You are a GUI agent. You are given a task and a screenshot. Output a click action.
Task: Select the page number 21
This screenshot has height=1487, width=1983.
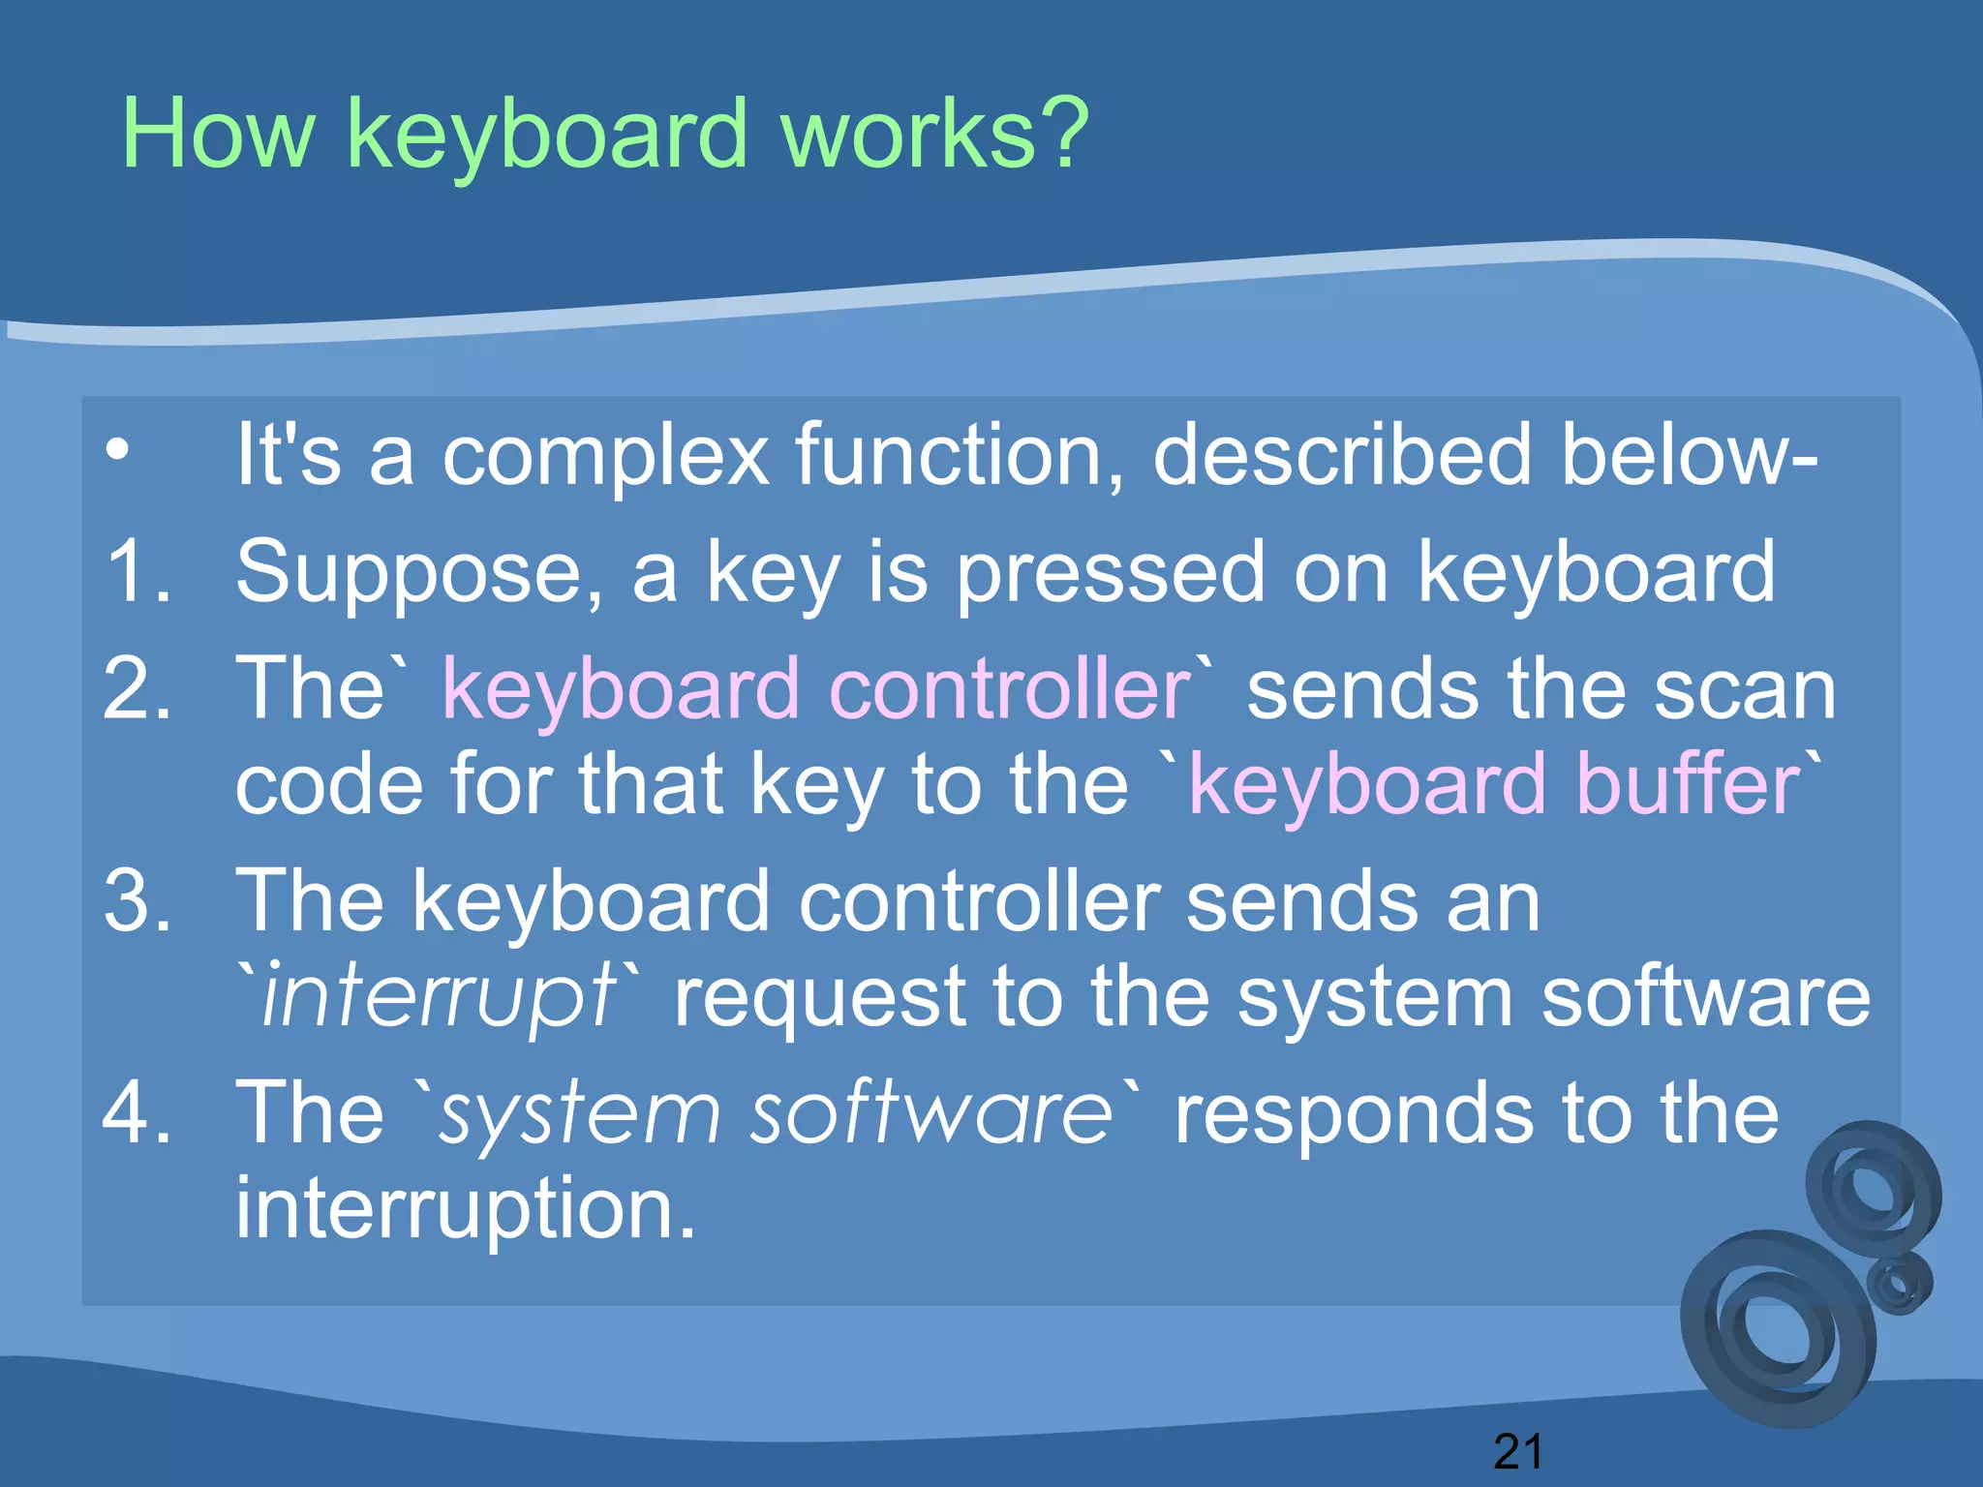coord(1517,1451)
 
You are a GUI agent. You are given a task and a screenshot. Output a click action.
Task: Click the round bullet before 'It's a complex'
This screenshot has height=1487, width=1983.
coord(117,449)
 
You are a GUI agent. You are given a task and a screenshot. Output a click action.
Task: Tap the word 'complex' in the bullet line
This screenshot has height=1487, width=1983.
coord(605,455)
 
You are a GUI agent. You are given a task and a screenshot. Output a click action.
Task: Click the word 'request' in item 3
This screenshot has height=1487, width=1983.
coord(819,998)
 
